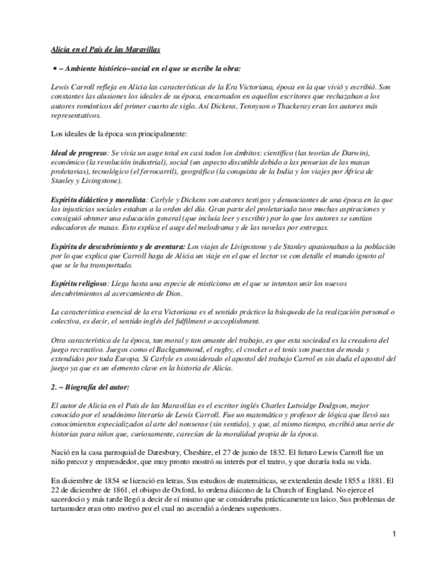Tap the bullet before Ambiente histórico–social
54,68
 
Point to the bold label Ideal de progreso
78,153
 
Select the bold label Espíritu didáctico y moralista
98,199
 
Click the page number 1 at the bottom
394,534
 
